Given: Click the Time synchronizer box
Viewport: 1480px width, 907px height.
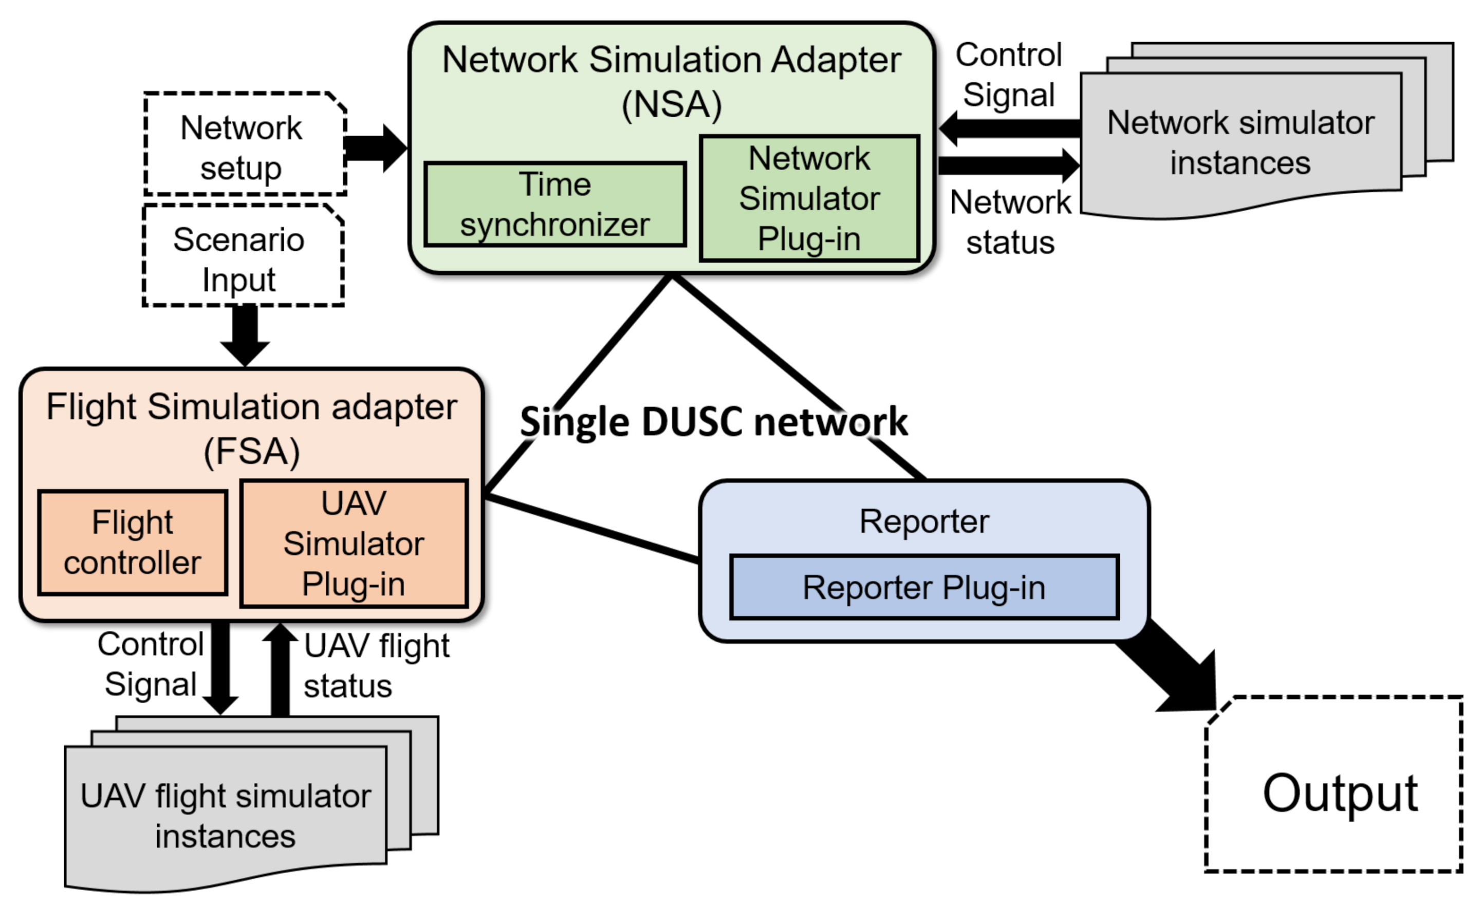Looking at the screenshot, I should click(554, 204).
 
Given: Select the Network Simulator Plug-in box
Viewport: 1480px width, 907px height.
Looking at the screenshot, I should click(809, 199).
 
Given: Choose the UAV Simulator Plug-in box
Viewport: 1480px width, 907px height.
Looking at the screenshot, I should click(354, 544).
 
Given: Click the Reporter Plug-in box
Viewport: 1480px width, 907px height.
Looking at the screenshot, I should click(924, 587).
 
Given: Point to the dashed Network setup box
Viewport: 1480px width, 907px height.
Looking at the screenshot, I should click(245, 145).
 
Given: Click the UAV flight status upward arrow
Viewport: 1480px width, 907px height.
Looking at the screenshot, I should click(280, 669).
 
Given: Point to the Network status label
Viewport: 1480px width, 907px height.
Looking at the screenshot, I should click(1010, 222).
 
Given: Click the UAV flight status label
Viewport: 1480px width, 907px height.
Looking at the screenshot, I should click(376, 666).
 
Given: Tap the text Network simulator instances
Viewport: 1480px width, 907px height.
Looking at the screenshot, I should click(1241, 143).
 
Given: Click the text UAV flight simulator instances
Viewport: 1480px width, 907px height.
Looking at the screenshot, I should click(225, 816).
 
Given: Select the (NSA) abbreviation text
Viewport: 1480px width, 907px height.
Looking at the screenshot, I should click(672, 104).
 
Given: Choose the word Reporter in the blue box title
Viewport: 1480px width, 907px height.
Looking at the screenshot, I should click(924, 522).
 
